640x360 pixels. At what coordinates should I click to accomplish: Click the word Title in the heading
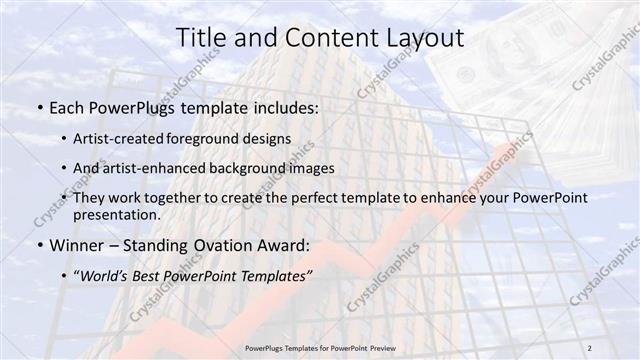[x=204, y=38]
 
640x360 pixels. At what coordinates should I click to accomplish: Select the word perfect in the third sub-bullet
[x=297, y=198]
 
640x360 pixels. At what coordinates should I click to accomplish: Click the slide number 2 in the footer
[x=590, y=347]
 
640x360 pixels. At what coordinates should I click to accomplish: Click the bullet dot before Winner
[x=38, y=245]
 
